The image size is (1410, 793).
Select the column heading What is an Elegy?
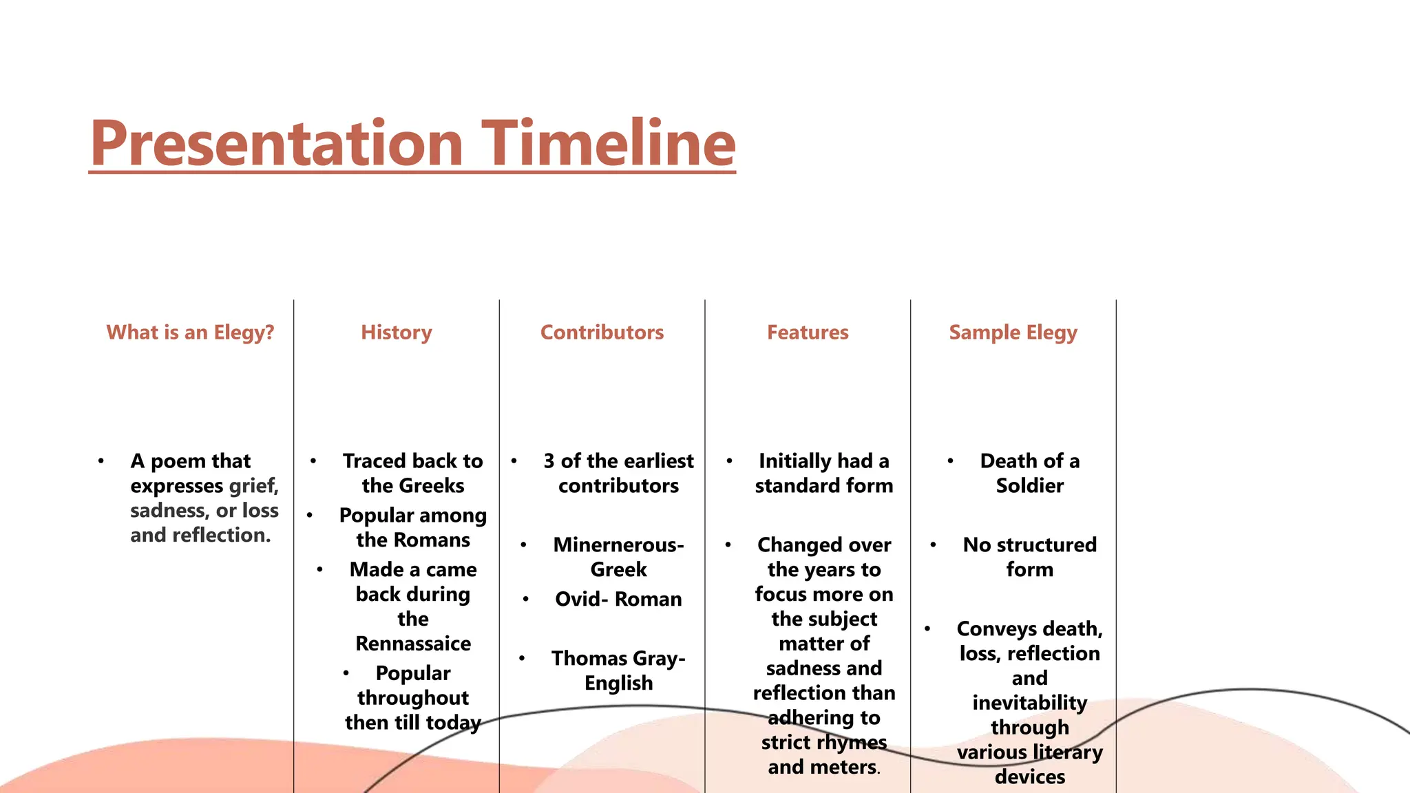pos(190,332)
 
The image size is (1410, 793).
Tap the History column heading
pos(397,332)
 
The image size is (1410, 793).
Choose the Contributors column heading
pos(602,332)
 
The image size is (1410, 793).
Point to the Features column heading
pos(808,332)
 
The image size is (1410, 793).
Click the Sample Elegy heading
pos(1013,332)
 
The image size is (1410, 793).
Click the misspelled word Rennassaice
pos(413,644)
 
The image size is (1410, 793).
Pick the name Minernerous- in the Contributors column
pos(618,545)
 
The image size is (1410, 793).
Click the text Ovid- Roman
pos(618,600)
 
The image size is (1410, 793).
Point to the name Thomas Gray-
pos(618,659)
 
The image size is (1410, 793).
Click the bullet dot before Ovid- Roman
pos(525,600)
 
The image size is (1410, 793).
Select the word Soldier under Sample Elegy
pos(1029,486)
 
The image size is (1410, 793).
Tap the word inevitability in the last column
pos(1029,703)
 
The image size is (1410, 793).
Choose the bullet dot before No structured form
pos(933,545)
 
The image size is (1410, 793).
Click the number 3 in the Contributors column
pos(549,461)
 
